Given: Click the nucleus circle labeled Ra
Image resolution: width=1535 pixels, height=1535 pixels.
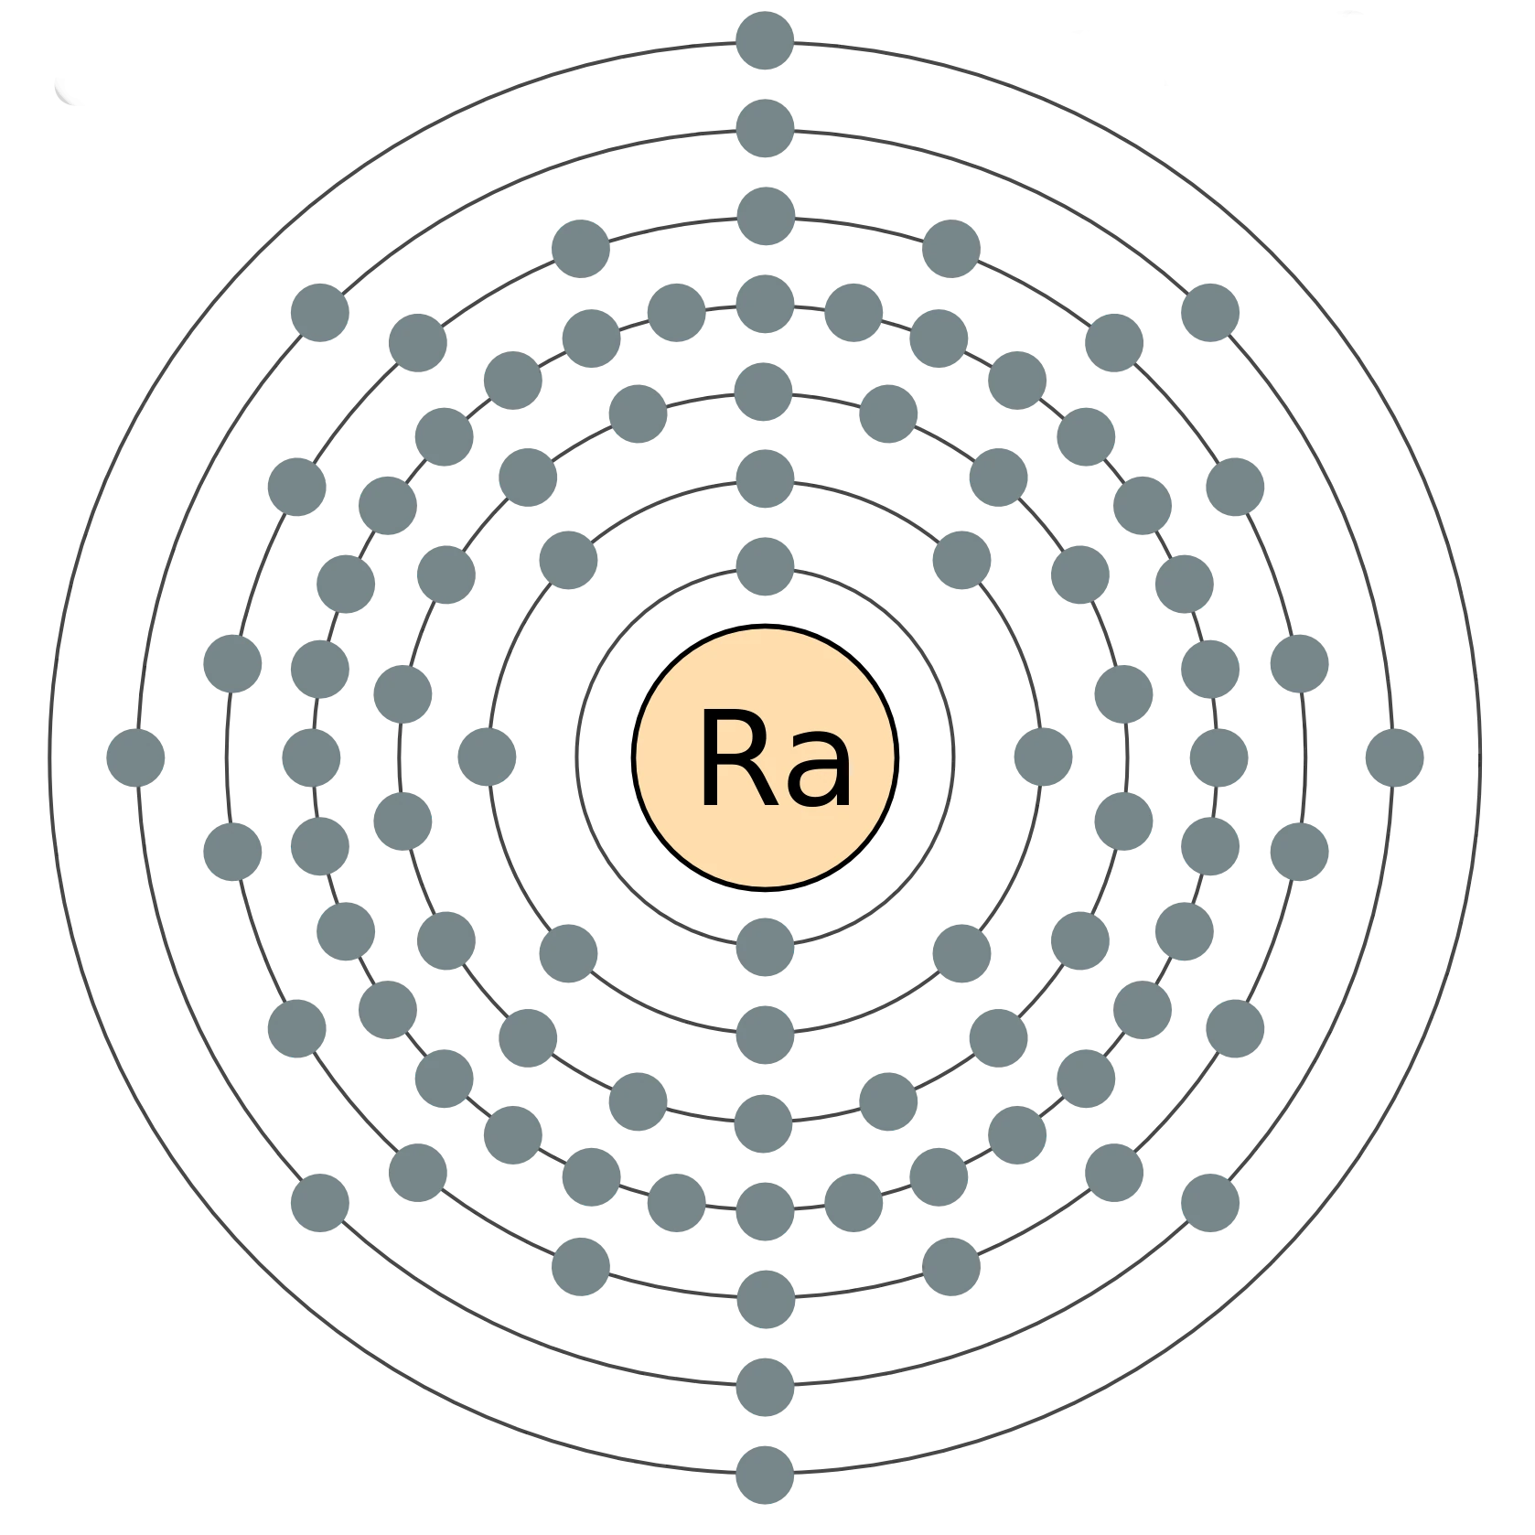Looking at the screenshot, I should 765,757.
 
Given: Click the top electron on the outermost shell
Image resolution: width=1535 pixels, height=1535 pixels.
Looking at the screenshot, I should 765,40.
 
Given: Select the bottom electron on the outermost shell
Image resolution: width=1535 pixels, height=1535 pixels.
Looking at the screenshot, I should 765,1475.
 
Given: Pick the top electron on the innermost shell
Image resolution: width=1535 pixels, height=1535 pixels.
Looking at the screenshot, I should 765,568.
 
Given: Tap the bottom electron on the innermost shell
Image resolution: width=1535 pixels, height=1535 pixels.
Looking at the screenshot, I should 765,948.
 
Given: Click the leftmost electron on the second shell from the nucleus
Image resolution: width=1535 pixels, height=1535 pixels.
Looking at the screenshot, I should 487,757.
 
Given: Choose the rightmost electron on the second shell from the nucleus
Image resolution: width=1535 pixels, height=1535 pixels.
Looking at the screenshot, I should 1044,757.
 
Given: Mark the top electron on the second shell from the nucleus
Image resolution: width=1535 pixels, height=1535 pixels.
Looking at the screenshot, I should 765,479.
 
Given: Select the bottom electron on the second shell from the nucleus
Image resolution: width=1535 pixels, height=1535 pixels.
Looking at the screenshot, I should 765,1036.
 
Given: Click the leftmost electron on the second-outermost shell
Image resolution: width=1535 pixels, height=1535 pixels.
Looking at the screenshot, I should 135,757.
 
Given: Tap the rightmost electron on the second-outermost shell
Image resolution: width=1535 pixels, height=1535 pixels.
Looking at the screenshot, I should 1394,757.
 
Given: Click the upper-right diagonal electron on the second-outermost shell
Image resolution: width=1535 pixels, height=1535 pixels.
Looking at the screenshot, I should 1211,312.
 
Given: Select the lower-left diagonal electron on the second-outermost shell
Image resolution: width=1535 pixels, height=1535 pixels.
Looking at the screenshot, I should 318,1202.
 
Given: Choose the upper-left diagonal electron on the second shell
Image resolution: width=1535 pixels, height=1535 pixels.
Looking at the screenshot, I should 567,558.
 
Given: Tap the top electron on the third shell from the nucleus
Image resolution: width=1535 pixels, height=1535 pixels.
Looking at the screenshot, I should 765,391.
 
